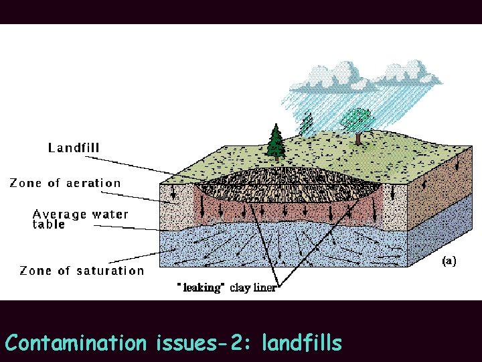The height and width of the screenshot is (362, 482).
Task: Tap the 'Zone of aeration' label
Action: click(x=65, y=183)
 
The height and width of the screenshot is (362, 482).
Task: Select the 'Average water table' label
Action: click(x=80, y=219)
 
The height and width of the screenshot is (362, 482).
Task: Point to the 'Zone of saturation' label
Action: click(x=82, y=271)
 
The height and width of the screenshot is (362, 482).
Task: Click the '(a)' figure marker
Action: click(x=449, y=261)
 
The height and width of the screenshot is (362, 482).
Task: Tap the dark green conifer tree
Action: click(x=275, y=142)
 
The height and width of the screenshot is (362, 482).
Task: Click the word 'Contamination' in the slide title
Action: click(x=75, y=343)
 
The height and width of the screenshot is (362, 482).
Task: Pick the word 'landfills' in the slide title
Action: click(x=302, y=343)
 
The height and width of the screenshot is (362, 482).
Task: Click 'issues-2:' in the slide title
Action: click(x=203, y=343)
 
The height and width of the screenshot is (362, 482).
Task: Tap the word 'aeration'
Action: click(x=93, y=183)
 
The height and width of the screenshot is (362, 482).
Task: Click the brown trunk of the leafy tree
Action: click(x=359, y=138)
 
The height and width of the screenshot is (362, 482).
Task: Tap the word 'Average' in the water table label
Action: click(x=60, y=215)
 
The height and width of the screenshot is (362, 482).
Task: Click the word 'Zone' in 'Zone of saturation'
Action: click(x=34, y=271)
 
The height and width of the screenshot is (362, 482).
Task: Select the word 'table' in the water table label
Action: click(x=49, y=225)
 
